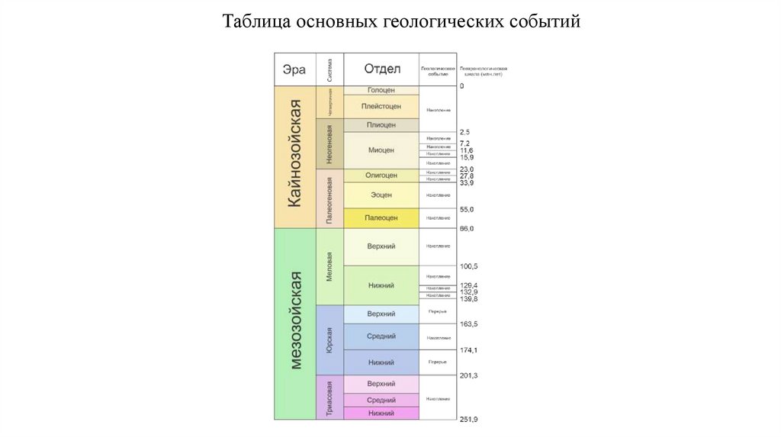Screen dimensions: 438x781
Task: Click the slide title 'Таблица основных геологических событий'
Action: [401, 20]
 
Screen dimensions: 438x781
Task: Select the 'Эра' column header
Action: [294, 69]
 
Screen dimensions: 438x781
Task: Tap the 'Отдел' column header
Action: [381, 69]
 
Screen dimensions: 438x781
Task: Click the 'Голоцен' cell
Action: [381, 90]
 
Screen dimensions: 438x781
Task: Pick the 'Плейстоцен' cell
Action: [381, 107]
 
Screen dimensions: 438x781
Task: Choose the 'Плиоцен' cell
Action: [381, 124]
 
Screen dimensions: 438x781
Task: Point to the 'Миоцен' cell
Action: [381, 150]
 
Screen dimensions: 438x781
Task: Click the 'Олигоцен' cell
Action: [381, 176]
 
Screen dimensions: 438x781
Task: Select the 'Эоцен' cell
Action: [381, 195]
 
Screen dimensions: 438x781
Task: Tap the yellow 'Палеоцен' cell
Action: [381, 218]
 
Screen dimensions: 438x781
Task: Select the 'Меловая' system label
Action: [329, 267]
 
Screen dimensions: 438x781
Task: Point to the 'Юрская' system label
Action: [329, 340]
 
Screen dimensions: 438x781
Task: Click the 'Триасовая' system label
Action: [329, 398]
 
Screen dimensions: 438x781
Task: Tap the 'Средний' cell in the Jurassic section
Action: [381, 337]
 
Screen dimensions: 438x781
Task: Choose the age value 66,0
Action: [467, 229]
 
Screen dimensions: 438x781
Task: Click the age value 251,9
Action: [469, 420]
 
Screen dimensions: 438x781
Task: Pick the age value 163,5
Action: [469, 324]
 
